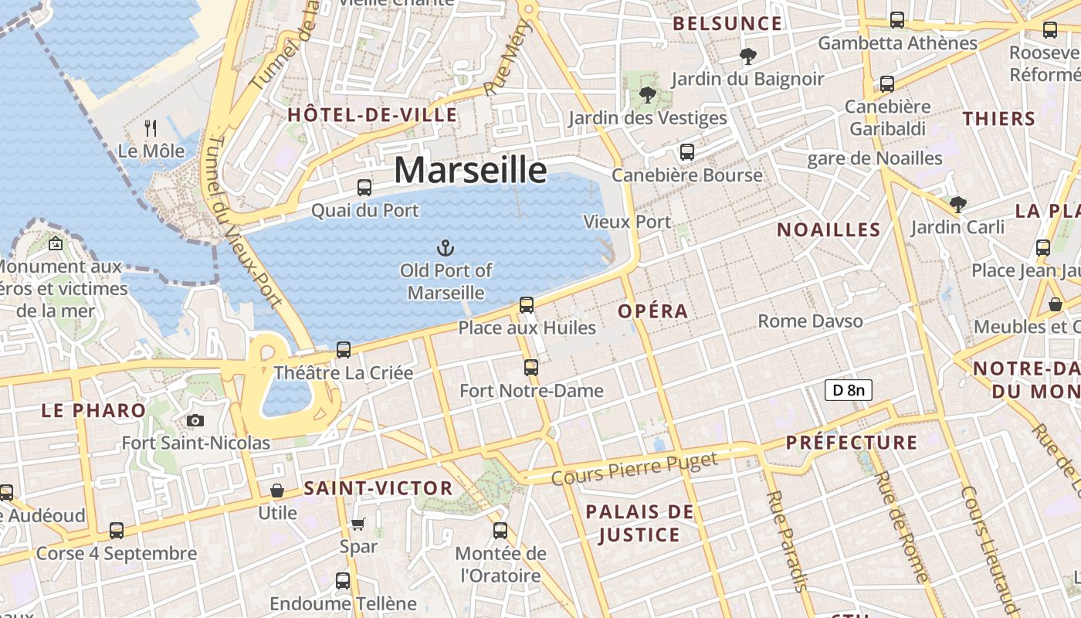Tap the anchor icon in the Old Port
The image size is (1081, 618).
[x=446, y=248]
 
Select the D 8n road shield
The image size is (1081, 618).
[x=848, y=390]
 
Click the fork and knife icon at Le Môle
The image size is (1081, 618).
[x=151, y=128]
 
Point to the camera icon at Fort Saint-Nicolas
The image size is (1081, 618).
[x=195, y=420]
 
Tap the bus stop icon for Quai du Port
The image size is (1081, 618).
[x=364, y=187]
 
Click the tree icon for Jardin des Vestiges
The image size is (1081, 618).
[x=647, y=96]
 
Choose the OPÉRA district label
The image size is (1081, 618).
[x=652, y=311]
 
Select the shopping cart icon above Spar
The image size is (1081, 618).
[x=358, y=524]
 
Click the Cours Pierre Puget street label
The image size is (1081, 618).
[x=635, y=468]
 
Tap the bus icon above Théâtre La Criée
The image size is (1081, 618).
[x=344, y=350]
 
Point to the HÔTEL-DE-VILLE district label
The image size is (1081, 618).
[x=372, y=116]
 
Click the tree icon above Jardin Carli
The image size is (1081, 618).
[x=957, y=204]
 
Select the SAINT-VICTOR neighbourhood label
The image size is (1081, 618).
[x=378, y=488]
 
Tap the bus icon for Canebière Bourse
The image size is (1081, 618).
[x=686, y=152]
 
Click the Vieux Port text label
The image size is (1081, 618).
[x=627, y=222]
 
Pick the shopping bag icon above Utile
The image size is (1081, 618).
[x=276, y=491]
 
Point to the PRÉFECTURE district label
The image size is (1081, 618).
[x=852, y=443]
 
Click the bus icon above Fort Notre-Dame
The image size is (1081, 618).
[x=530, y=368]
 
